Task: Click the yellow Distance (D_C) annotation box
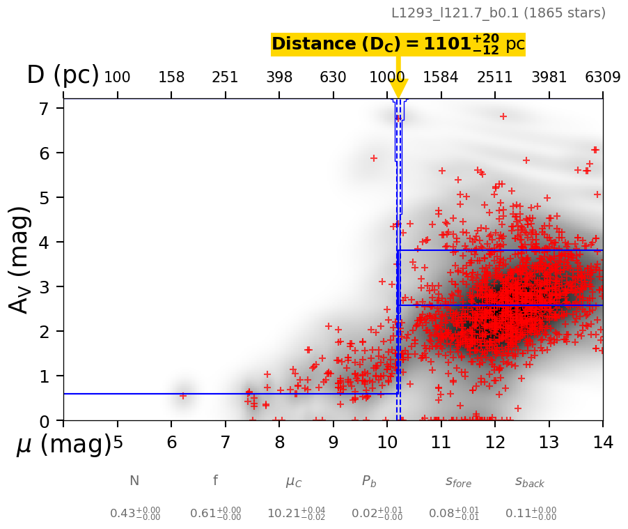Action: tap(398, 44)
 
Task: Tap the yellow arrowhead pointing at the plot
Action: tap(398, 89)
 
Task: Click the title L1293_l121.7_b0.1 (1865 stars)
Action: tap(498, 13)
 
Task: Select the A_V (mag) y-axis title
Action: tap(20, 259)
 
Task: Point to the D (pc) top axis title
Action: tap(63, 75)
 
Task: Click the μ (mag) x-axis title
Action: tap(63, 444)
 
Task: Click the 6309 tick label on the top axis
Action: tap(603, 77)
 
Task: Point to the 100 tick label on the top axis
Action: tap(117, 77)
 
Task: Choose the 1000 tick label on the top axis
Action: tap(387, 77)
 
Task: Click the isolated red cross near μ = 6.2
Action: tap(183, 395)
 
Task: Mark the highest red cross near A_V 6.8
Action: tap(503, 116)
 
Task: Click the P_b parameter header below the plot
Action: tap(369, 481)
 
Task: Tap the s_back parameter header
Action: tap(530, 482)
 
